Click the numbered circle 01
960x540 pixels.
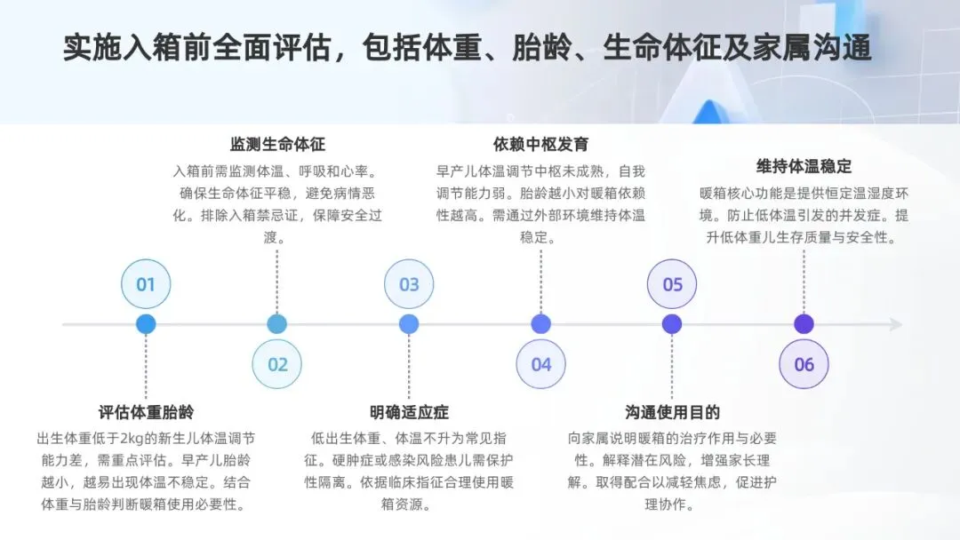146,284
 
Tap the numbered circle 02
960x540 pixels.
277,364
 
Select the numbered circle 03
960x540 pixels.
409,284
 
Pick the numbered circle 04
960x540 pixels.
541,364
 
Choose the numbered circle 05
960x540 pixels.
672,284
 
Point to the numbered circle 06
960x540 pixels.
804,364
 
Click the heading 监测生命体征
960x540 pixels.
277,144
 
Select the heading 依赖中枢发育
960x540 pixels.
540,144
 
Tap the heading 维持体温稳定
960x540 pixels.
804,166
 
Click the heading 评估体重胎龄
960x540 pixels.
146,412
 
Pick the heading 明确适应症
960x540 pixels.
409,412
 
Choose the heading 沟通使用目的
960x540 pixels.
672,412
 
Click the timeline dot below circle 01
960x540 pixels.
146,324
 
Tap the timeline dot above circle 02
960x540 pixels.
277,324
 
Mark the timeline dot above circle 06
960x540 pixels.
804,324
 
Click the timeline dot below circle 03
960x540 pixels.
409,324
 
